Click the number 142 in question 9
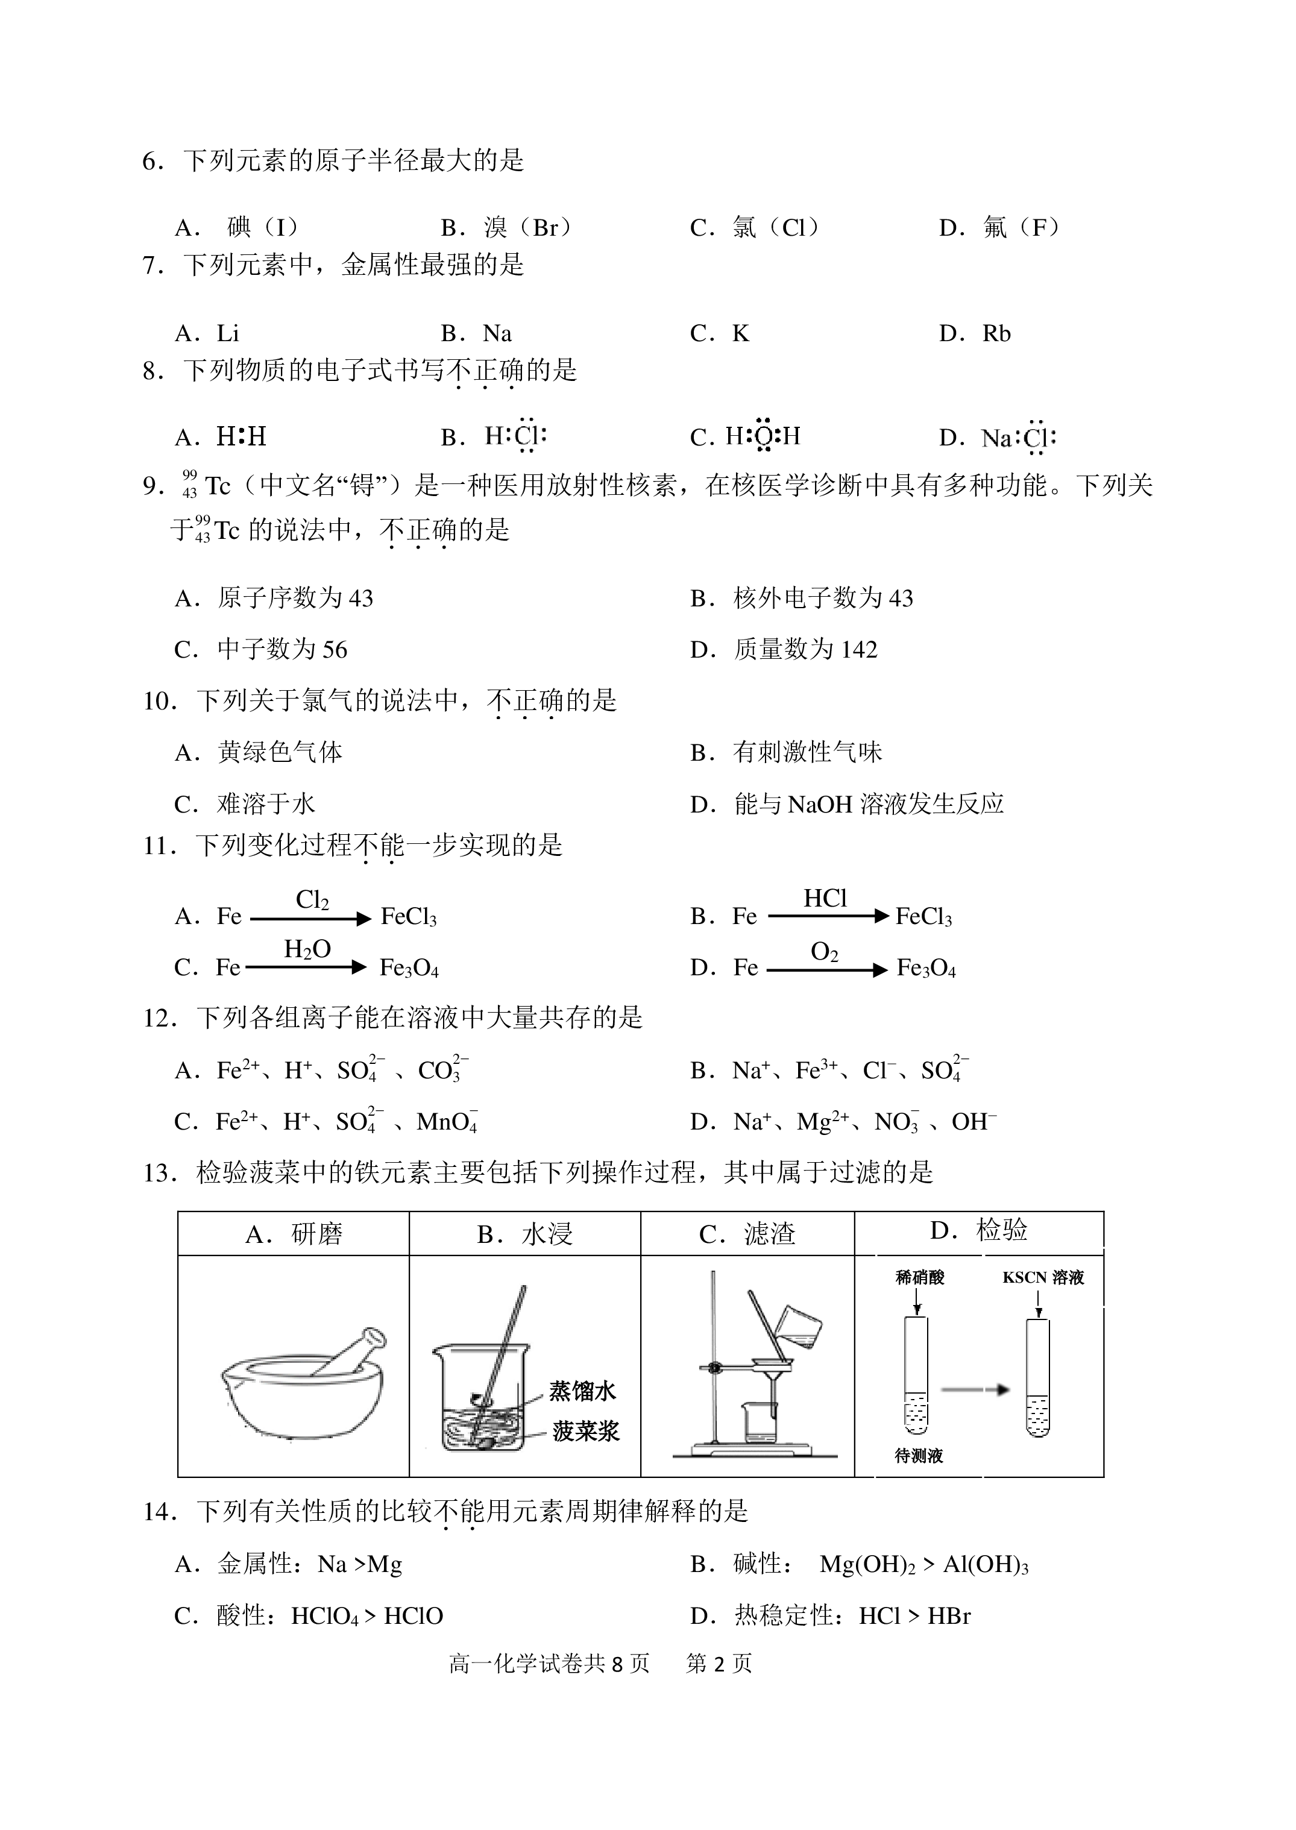(x=859, y=650)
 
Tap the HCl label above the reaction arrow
(x=825, y=899)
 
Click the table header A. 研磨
(x=294, y=1234)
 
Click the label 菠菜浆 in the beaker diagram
(x=586, y=1431)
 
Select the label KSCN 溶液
(x=1043, y=1278)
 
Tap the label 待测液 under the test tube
(x=919, y=1456)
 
